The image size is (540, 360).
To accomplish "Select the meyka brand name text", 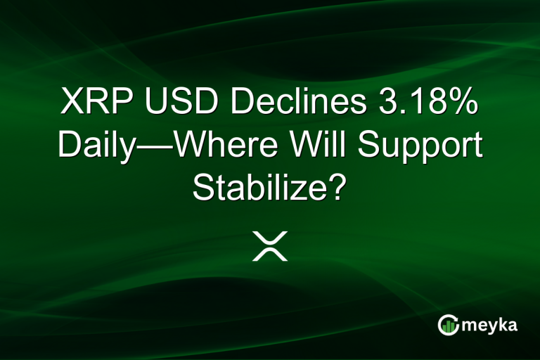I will pyautogui.click(x=491, y=326).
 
